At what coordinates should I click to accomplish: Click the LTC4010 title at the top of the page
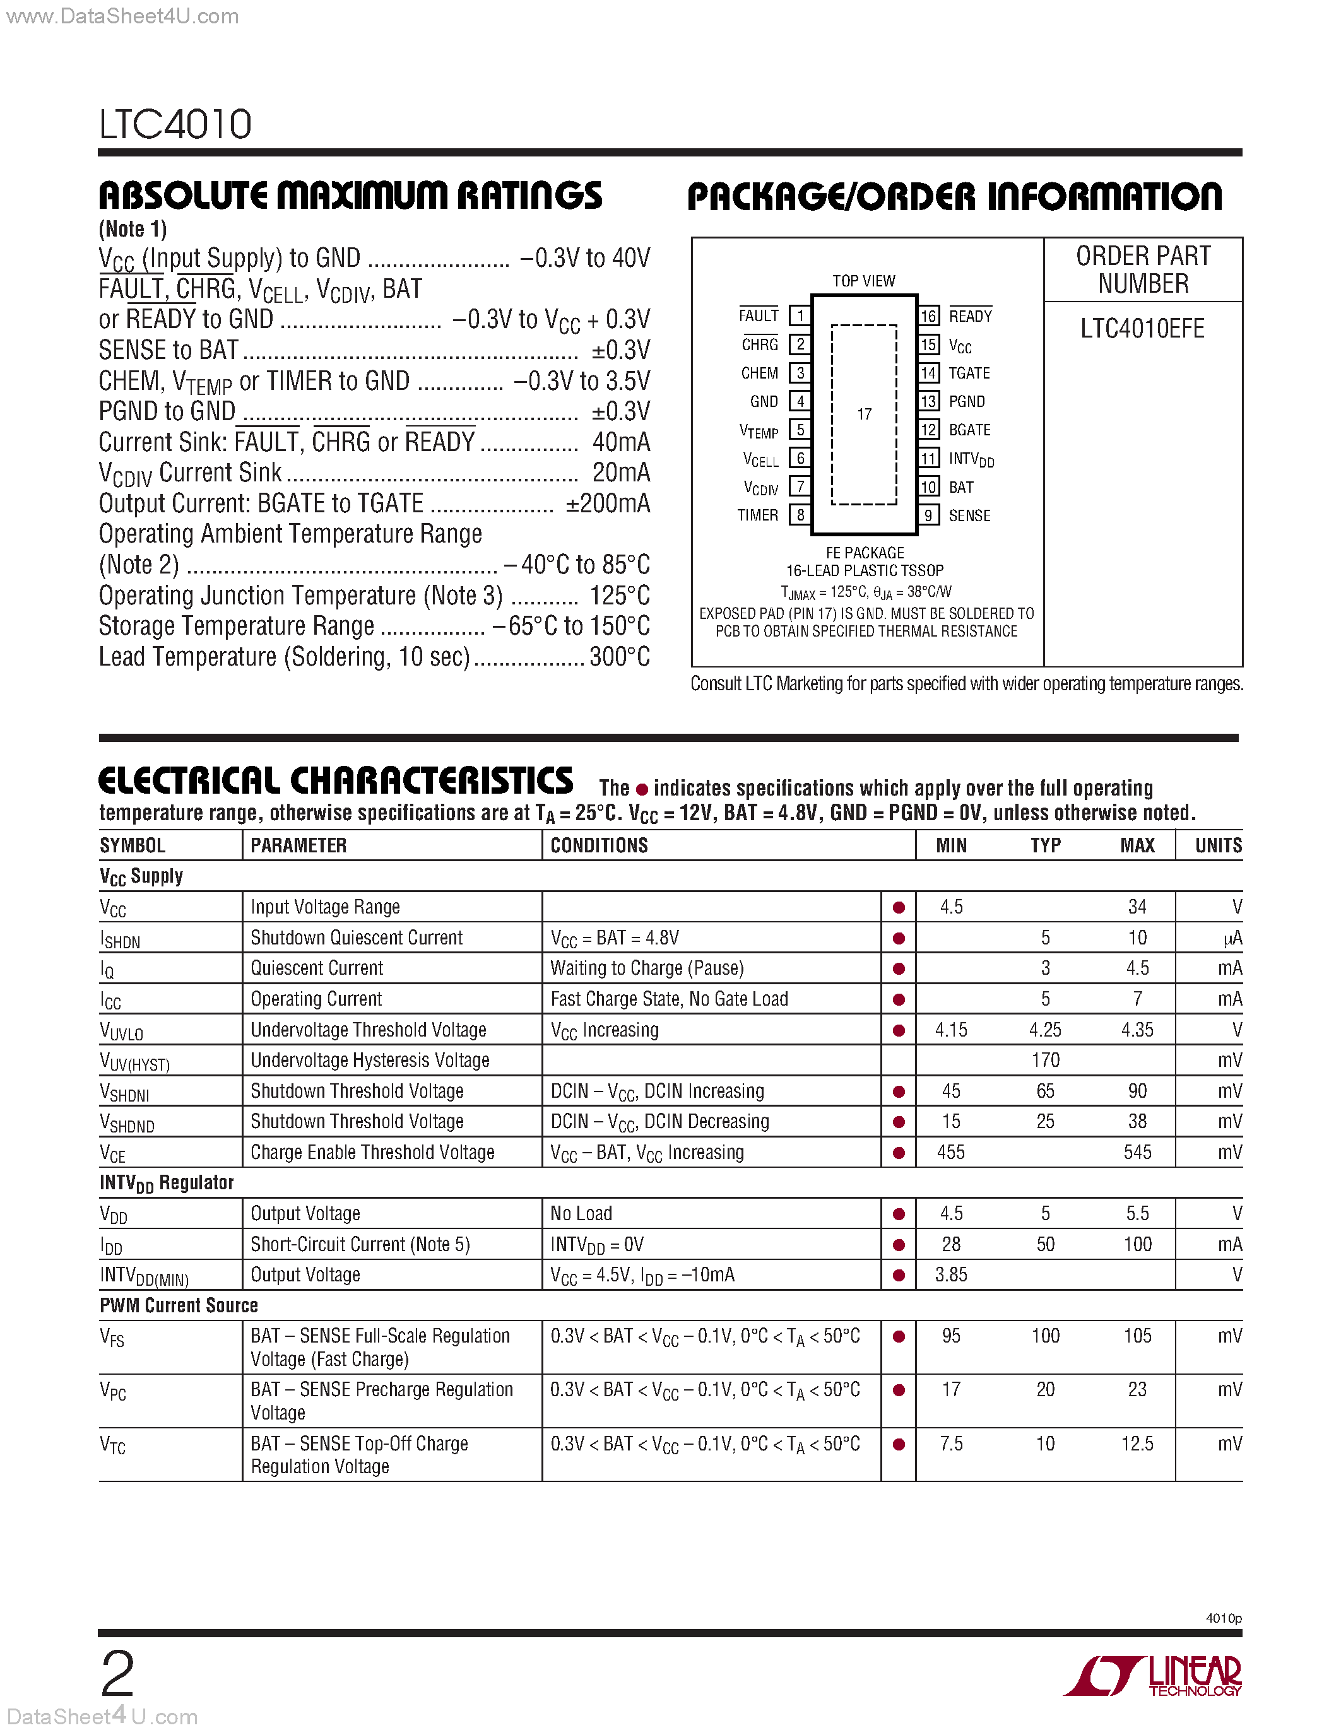175,125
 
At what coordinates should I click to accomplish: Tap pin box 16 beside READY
928,315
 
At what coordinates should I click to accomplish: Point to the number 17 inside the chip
865,414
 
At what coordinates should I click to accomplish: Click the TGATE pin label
969,373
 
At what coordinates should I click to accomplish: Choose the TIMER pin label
758,515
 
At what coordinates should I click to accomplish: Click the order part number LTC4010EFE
1142,328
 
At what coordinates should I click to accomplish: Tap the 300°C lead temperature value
620,657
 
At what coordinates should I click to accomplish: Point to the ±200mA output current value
608,503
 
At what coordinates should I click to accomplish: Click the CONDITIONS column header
599,845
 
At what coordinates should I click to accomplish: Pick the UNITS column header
1218,845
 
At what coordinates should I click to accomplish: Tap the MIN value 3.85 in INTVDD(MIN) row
951,1274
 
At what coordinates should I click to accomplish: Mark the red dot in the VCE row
899,1153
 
